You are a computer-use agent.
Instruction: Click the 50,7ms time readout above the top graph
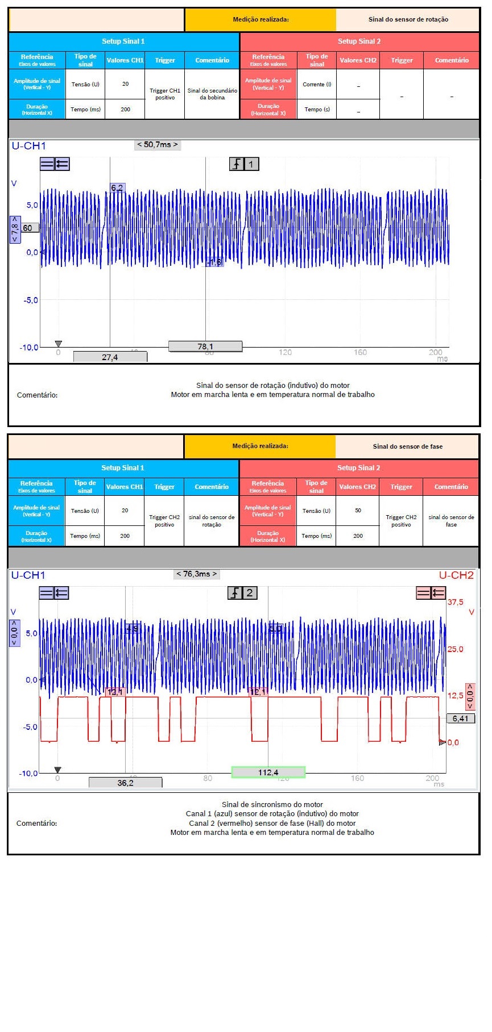click(158, 145)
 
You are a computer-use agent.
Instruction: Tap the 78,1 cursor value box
click(205, 346)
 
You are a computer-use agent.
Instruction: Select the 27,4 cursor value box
click(110, 357)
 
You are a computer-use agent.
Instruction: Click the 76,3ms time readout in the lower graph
click(197, 574)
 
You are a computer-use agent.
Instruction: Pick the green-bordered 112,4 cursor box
click(268, 772)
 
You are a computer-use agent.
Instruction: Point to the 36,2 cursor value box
click(125, 783)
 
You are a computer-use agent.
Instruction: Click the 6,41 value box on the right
click(460, 718)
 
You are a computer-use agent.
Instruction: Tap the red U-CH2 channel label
click(456, 575)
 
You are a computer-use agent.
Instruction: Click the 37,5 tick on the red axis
click(455, 602)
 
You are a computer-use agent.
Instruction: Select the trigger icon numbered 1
click(244, 164)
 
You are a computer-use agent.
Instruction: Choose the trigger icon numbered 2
click(243, 593)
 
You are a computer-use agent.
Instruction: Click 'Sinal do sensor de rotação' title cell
click(408, 19)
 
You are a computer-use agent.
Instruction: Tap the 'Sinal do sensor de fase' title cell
click(407, 446)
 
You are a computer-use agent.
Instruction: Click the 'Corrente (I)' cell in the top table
click(317, 84)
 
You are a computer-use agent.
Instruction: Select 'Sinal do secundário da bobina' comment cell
click(212, 94)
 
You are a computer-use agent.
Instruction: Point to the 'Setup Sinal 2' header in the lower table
click(358, 468)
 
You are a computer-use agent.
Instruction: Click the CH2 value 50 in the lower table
click(358, 510)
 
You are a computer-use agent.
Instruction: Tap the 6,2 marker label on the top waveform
click(117, 188)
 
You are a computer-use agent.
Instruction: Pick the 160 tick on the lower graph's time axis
click(357, 778)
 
